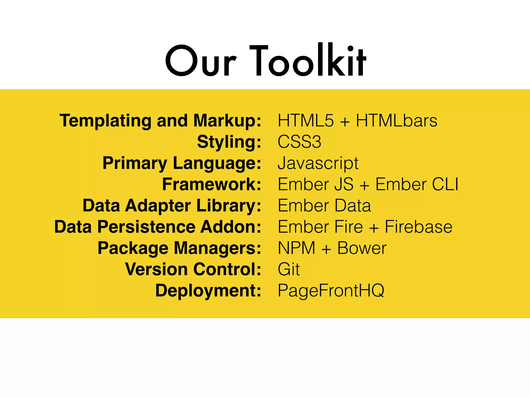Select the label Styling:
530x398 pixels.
229,142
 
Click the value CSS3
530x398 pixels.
299,142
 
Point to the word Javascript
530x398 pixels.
318,164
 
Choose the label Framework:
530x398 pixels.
211,184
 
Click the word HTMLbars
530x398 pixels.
396,121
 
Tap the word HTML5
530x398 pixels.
306,121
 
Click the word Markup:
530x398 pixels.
227,121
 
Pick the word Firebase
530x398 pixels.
418,227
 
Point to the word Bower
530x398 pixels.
362,248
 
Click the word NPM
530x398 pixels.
297,248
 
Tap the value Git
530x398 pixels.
289,269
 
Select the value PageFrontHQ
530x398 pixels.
331,291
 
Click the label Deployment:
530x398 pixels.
208,291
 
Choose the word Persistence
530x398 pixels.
146,227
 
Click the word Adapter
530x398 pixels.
158,206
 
